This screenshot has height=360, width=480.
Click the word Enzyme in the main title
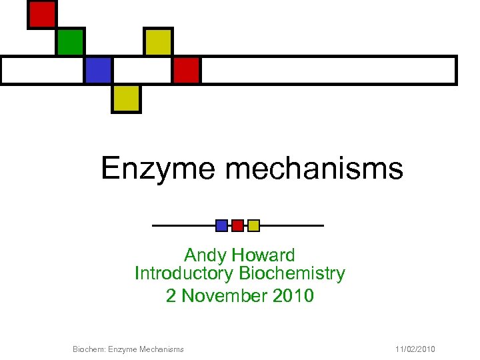coord(158,169)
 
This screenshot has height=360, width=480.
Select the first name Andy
coord(204,255)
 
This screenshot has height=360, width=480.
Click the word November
coord(224,295)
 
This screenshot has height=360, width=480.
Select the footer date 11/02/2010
coord(415,349)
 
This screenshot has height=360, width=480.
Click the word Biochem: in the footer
coord(87,349)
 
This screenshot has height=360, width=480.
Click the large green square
coord(70,42)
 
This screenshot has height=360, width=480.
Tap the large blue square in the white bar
coord(98,70)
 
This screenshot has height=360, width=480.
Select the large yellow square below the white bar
coord(126,98)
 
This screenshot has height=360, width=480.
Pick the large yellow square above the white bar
coord(159,42)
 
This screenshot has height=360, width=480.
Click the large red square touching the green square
coord(42,15)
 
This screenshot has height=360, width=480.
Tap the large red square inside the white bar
coord(187,70)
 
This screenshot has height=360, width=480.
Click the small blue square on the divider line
coord(222,225)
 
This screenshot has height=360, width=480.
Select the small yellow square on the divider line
coord(253,225)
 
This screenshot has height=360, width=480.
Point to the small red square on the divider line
coord(237,225)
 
